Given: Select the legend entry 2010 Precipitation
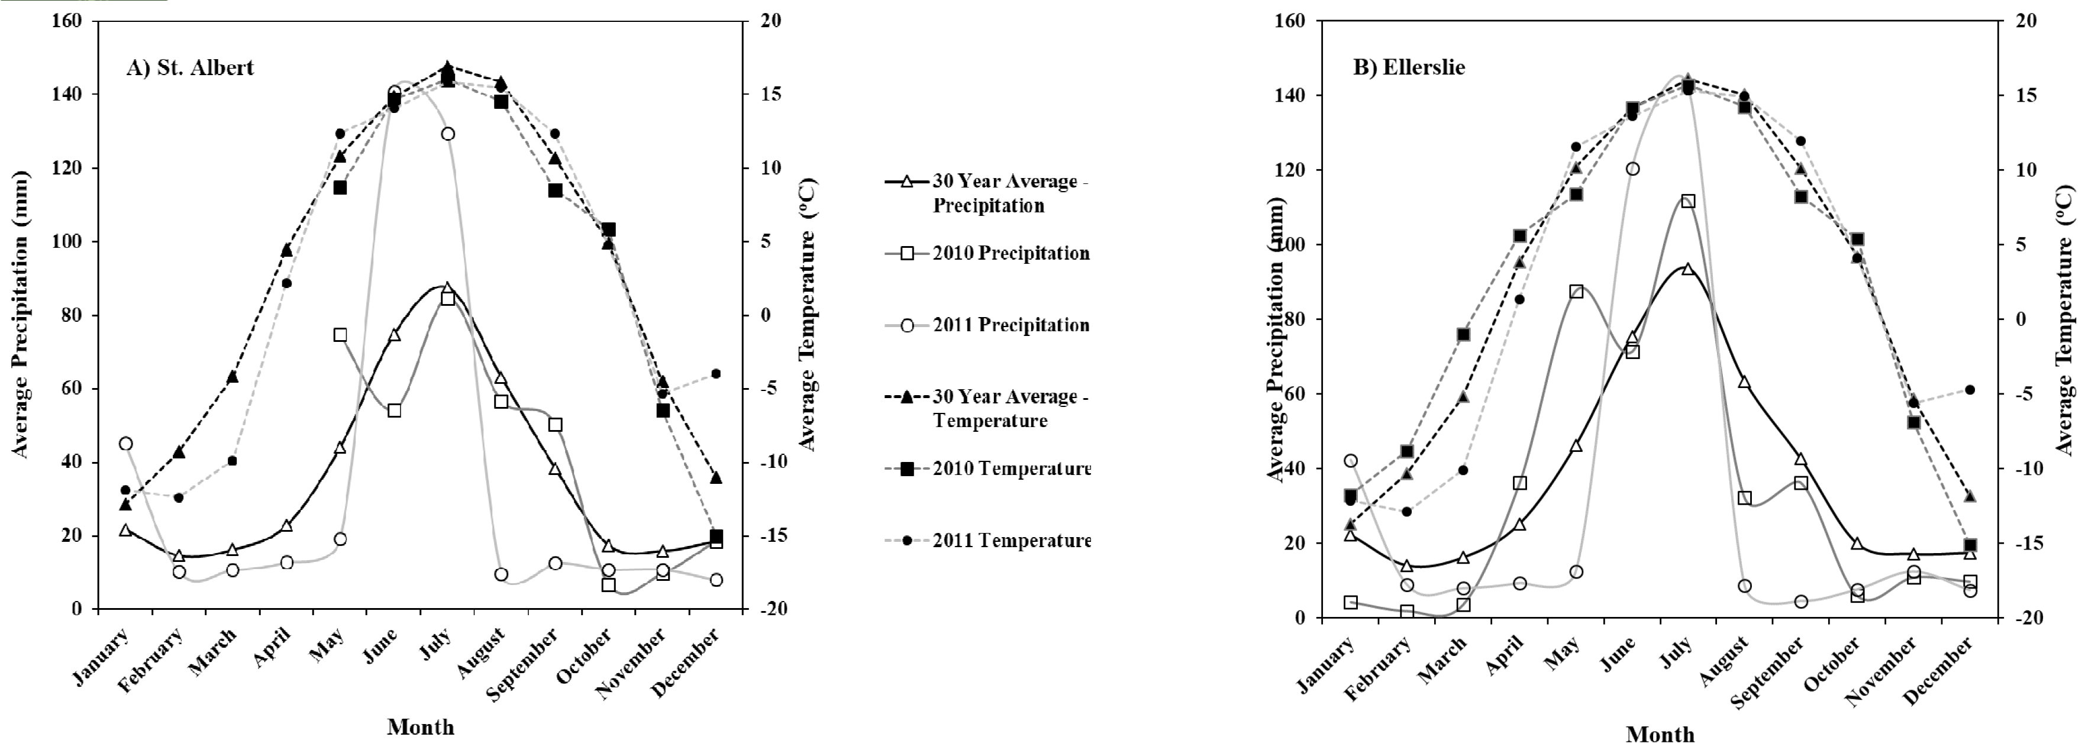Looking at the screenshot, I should click(1010, 253).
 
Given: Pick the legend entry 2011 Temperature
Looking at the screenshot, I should click(1012, 540).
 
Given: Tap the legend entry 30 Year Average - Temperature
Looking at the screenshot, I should click(1010, 409).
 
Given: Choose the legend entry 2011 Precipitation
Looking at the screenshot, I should click(1010, 325).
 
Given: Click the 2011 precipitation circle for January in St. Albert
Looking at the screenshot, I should click(125, 443).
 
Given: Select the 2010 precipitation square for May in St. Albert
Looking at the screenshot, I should click(340, 335).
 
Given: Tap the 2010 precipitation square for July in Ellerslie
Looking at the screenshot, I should click(1687, 201).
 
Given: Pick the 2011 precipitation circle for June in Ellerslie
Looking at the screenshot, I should click(1632, 169).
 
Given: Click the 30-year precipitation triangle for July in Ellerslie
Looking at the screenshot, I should click(1687, 269).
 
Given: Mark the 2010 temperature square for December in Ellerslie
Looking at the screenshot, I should click(1970, 545).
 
